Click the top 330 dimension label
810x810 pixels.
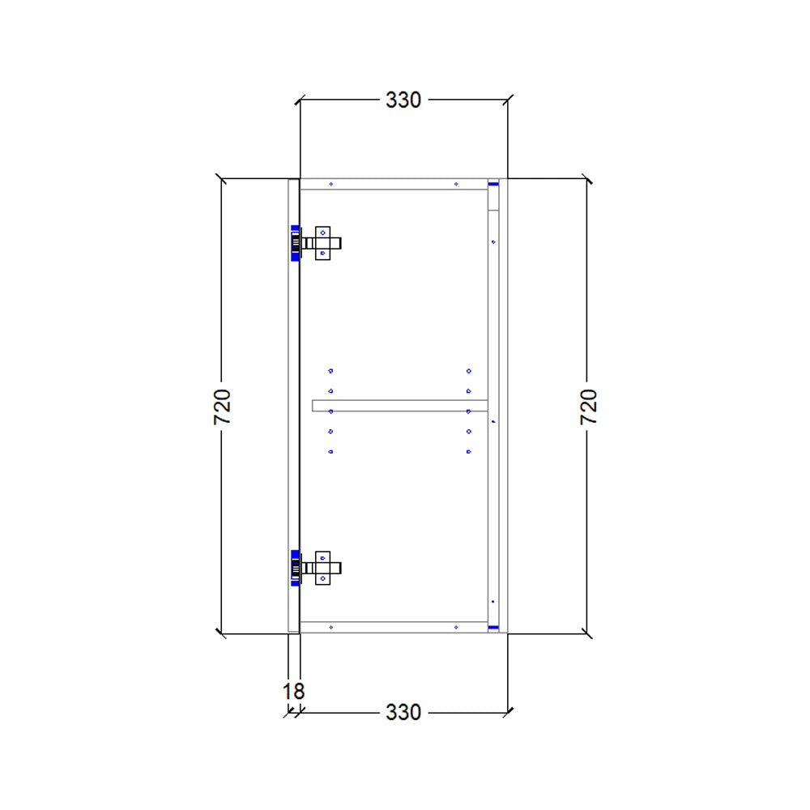(x=403, y=100)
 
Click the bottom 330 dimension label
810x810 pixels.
(x=403, y=712)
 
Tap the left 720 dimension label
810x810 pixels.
(x=223, y=407)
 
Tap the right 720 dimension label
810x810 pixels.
(x=589, y=407)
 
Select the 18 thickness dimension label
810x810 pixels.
(x=293, y=692)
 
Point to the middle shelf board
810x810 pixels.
(x=399, y=405)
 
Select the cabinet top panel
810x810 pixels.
(x=394, y=184)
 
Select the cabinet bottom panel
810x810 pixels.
(x=394, y=627)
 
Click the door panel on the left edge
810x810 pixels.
(x=294, y=405)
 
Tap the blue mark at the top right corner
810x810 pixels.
(x=492, y=184)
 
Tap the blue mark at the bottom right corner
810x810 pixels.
(x=492, y=627)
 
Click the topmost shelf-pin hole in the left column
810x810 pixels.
(x=330, y=371)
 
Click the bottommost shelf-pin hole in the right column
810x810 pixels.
(x=469, y=451)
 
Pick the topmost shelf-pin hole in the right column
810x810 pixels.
(x=469, y=371)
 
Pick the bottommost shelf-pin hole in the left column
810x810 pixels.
(x=330, y=451)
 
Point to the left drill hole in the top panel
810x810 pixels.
(x=331, y=184)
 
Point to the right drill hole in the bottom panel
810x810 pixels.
(x=456, y=627)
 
